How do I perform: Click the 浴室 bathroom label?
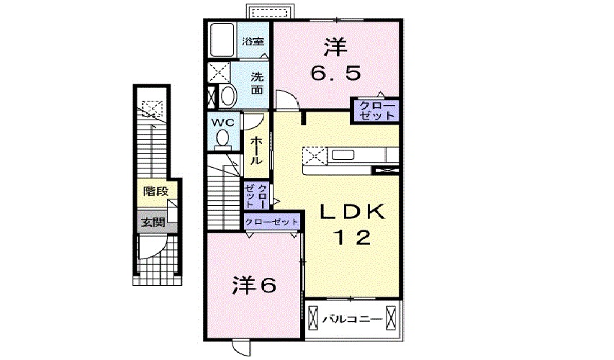[251, 42]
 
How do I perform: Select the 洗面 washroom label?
[257, 84]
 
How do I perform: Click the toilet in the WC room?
[223, 137]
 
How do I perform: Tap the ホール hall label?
[256, 151]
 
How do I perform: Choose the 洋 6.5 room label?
[335, 61]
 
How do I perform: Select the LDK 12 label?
[353, 224]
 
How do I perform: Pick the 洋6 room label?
[254, 286]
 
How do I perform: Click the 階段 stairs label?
[155, 192]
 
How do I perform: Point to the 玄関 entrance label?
[153, 222]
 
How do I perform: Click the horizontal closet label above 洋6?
[271, 222]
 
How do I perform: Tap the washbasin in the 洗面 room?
[227, 96]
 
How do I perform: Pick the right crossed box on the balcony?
[390, 317]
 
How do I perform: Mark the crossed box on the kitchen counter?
[314, 155]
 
